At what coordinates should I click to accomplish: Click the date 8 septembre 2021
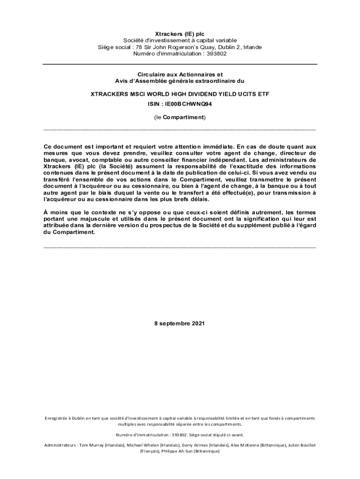point(180,323)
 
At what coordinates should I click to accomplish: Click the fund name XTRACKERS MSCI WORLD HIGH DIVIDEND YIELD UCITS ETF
point(180,94)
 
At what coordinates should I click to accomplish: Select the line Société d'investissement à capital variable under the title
point(180,41)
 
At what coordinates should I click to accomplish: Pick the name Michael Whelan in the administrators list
point(142,445)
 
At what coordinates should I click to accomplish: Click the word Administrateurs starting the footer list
point(60,445)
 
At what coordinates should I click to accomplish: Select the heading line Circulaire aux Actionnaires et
point(180,74)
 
